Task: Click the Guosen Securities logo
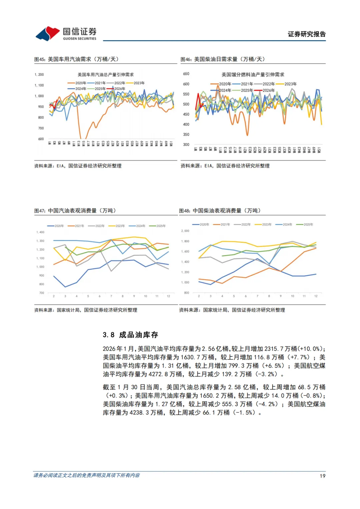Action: click(66, 34)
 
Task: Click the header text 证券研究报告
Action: click(306, 34)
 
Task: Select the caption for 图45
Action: click(76, 59)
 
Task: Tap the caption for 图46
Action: click(223, 59)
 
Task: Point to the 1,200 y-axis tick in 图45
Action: click(39, 75)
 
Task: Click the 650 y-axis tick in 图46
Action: click(186, 74)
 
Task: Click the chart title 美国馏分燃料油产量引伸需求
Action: click(253, 75)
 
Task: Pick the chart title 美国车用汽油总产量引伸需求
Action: click(106, 75)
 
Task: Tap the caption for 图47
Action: click(75, 211)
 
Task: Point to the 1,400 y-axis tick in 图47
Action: click(40, 232)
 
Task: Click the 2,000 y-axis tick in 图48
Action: click(185, 231)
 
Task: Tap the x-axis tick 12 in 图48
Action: click(316, 296)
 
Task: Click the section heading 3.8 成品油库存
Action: click(130, 335)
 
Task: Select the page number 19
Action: click(322, 476)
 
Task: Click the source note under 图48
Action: click(232, 310)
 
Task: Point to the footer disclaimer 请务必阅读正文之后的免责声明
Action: click(87, 475)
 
